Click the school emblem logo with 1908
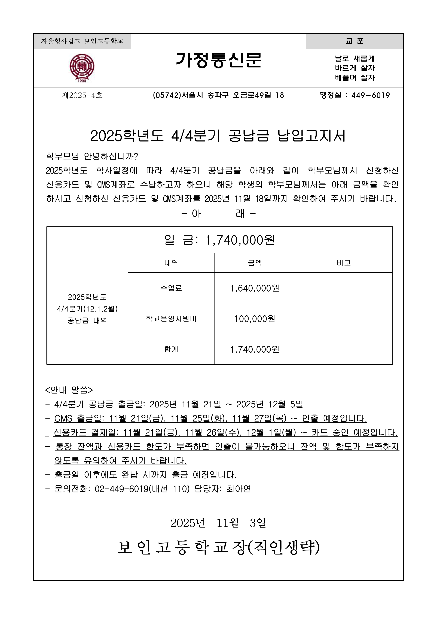82,68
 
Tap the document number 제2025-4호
82,95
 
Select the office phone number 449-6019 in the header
371,95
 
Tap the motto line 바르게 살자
355,68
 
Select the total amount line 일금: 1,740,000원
219,240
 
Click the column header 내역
171,263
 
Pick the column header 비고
344,263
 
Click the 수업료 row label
171,288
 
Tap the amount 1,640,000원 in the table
255,288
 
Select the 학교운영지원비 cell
171,319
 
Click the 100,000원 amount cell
255,319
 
